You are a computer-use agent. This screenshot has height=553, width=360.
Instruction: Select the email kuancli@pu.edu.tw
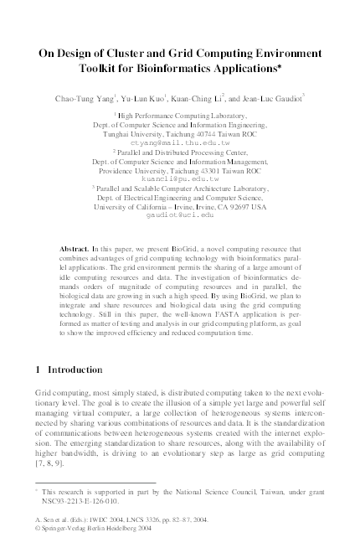[180, 178]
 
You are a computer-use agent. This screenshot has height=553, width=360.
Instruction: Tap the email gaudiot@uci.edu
[180, 214]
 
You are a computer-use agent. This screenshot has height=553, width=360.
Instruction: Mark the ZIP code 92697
[235, 206]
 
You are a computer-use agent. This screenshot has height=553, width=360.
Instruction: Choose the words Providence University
[127, 170]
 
